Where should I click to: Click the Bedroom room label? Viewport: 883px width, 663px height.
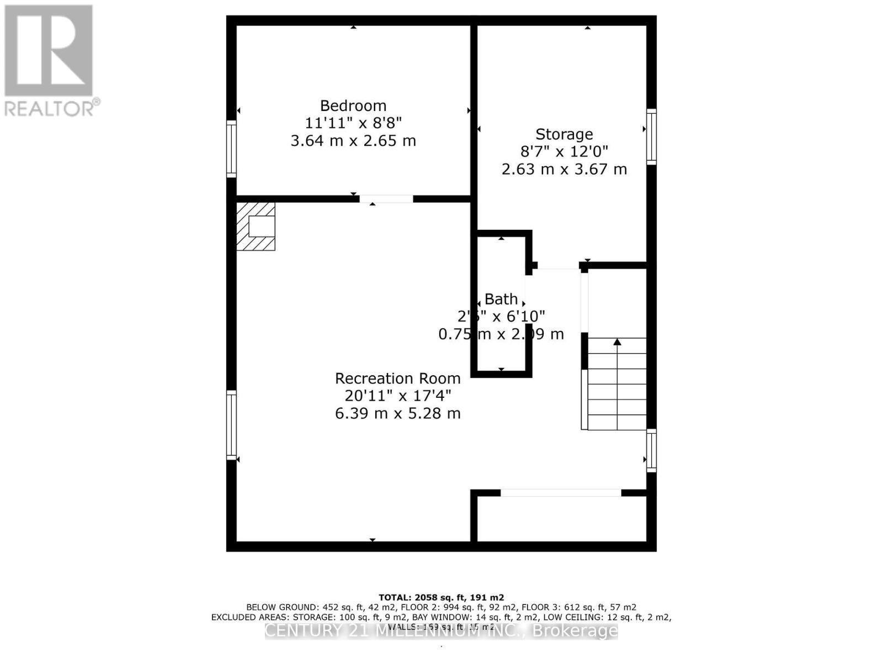coord(353,106)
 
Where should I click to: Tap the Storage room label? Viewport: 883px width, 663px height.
coord(564,134)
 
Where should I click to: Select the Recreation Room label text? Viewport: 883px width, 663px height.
coord(397,378)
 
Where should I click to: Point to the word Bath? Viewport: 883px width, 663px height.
coord(501,299)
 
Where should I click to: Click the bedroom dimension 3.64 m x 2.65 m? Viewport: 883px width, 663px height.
coord(353,141)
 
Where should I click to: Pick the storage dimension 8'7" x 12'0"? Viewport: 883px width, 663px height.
coord(564,151)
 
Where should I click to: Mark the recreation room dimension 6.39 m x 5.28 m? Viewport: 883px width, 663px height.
coord(397,413)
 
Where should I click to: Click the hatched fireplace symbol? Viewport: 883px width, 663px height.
coord(256,226)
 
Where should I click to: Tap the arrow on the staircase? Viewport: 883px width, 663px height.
coord(617,343)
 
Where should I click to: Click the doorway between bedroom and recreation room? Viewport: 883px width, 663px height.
coord(386,199)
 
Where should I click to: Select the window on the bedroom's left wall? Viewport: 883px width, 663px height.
coord(231,149)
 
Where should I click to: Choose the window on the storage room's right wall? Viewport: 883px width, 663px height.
coord(651,137)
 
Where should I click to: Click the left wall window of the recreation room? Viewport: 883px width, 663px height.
coord(231,425)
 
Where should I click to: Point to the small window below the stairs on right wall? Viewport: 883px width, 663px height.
coord(651,450)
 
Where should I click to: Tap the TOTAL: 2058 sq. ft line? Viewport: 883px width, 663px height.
coord(441,597)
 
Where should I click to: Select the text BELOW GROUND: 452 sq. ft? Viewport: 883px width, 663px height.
coord(304,607)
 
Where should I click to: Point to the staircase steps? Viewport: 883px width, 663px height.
coord(616,392)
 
